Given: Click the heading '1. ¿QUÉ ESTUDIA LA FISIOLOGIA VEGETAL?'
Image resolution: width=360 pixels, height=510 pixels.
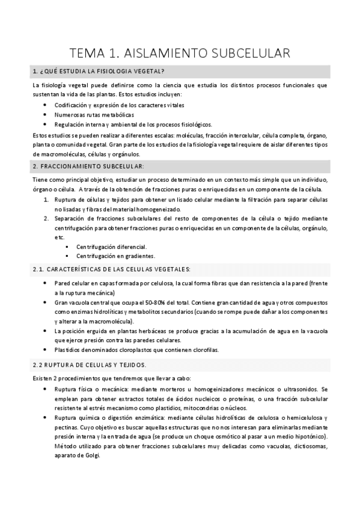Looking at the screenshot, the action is tap(99, 72).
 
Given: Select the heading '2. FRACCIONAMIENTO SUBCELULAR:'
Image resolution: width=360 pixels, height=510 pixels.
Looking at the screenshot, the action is tap(88, 165).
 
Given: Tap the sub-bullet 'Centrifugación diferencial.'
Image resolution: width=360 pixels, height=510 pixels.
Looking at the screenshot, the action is tap(111, 246).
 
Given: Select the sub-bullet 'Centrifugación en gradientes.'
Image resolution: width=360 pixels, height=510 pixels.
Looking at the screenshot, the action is tap(115, 256).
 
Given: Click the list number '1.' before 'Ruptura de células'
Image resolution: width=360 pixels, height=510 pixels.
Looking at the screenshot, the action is tap(46, 199).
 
